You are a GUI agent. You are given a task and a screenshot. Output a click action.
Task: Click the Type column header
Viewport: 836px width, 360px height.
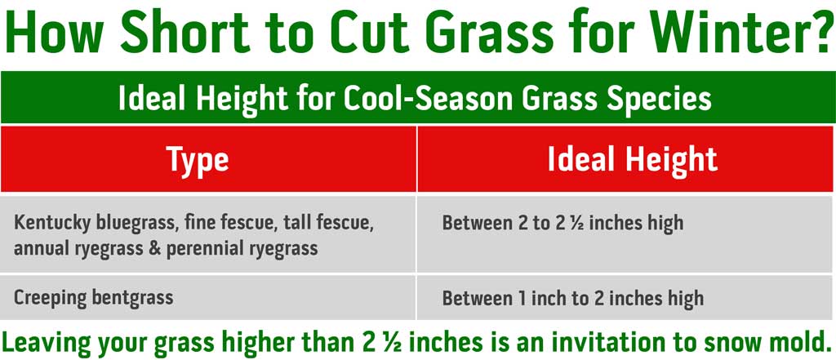(198, 158)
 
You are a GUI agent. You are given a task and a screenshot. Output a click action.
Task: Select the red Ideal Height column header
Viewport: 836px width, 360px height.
(633, 158)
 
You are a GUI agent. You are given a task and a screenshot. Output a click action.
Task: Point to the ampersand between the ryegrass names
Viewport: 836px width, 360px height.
(154, 248)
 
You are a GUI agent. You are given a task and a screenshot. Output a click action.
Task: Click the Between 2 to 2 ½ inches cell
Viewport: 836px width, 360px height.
(563, 223)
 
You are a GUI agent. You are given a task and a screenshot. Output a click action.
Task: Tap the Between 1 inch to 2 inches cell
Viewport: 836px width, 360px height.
(572, 298)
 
